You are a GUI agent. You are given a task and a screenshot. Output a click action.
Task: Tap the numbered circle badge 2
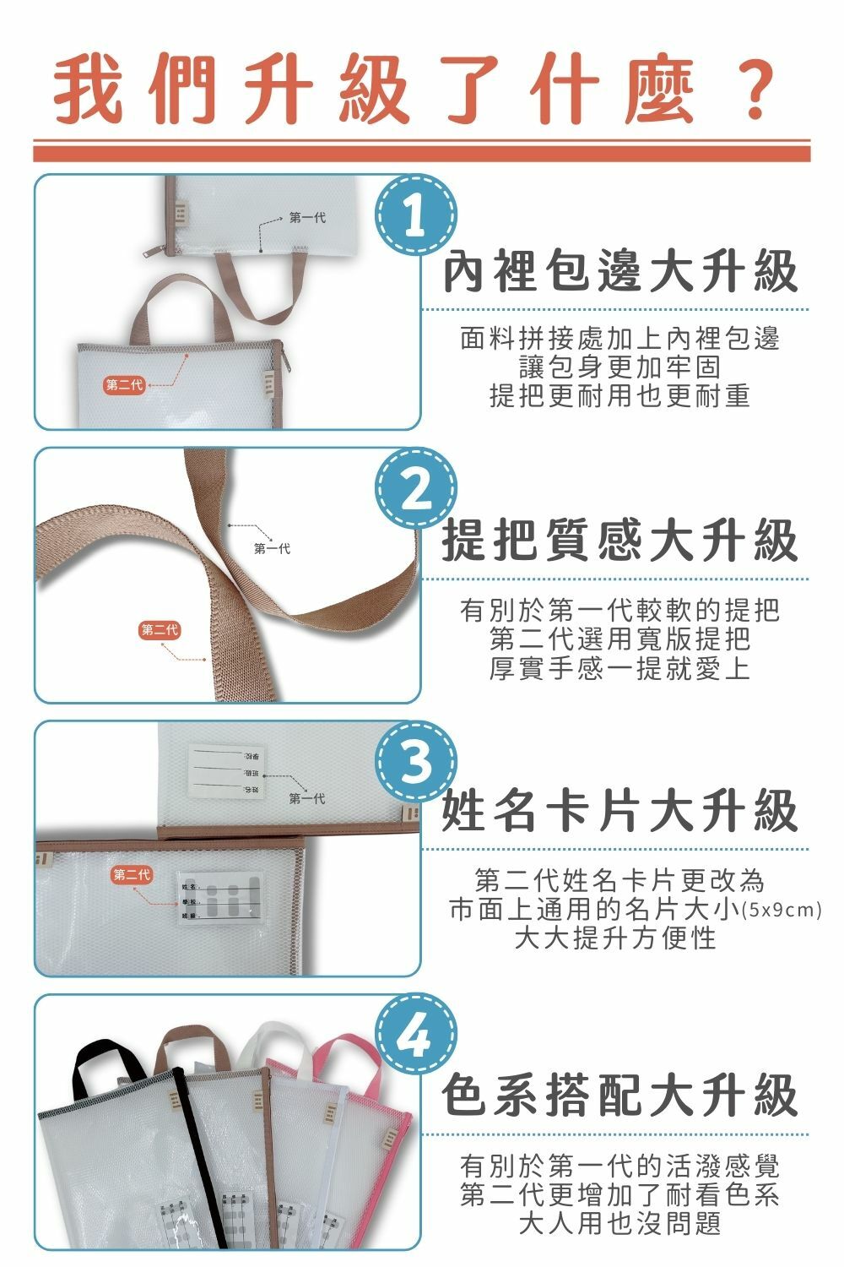coord(414,488)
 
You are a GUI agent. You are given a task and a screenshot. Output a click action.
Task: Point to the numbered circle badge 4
coord(414,1034)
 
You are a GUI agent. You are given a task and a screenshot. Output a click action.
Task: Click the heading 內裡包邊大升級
coord(620,272)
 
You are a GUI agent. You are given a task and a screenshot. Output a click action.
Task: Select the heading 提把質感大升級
coord(620,541)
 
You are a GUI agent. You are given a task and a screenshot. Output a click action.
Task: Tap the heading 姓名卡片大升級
coord(620,811)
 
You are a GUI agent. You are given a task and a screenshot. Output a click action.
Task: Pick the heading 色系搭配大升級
coord(620,1096)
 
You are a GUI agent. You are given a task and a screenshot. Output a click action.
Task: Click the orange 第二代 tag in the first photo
coord(124,386)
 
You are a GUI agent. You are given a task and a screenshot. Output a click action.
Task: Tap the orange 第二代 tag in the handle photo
coord(160,630)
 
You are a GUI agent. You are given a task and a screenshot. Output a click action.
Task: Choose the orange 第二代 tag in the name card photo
coord(131,874)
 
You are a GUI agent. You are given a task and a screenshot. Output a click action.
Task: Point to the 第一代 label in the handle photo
coord(272,549)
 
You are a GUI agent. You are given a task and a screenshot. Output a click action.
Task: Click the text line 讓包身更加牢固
coord(620,367)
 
